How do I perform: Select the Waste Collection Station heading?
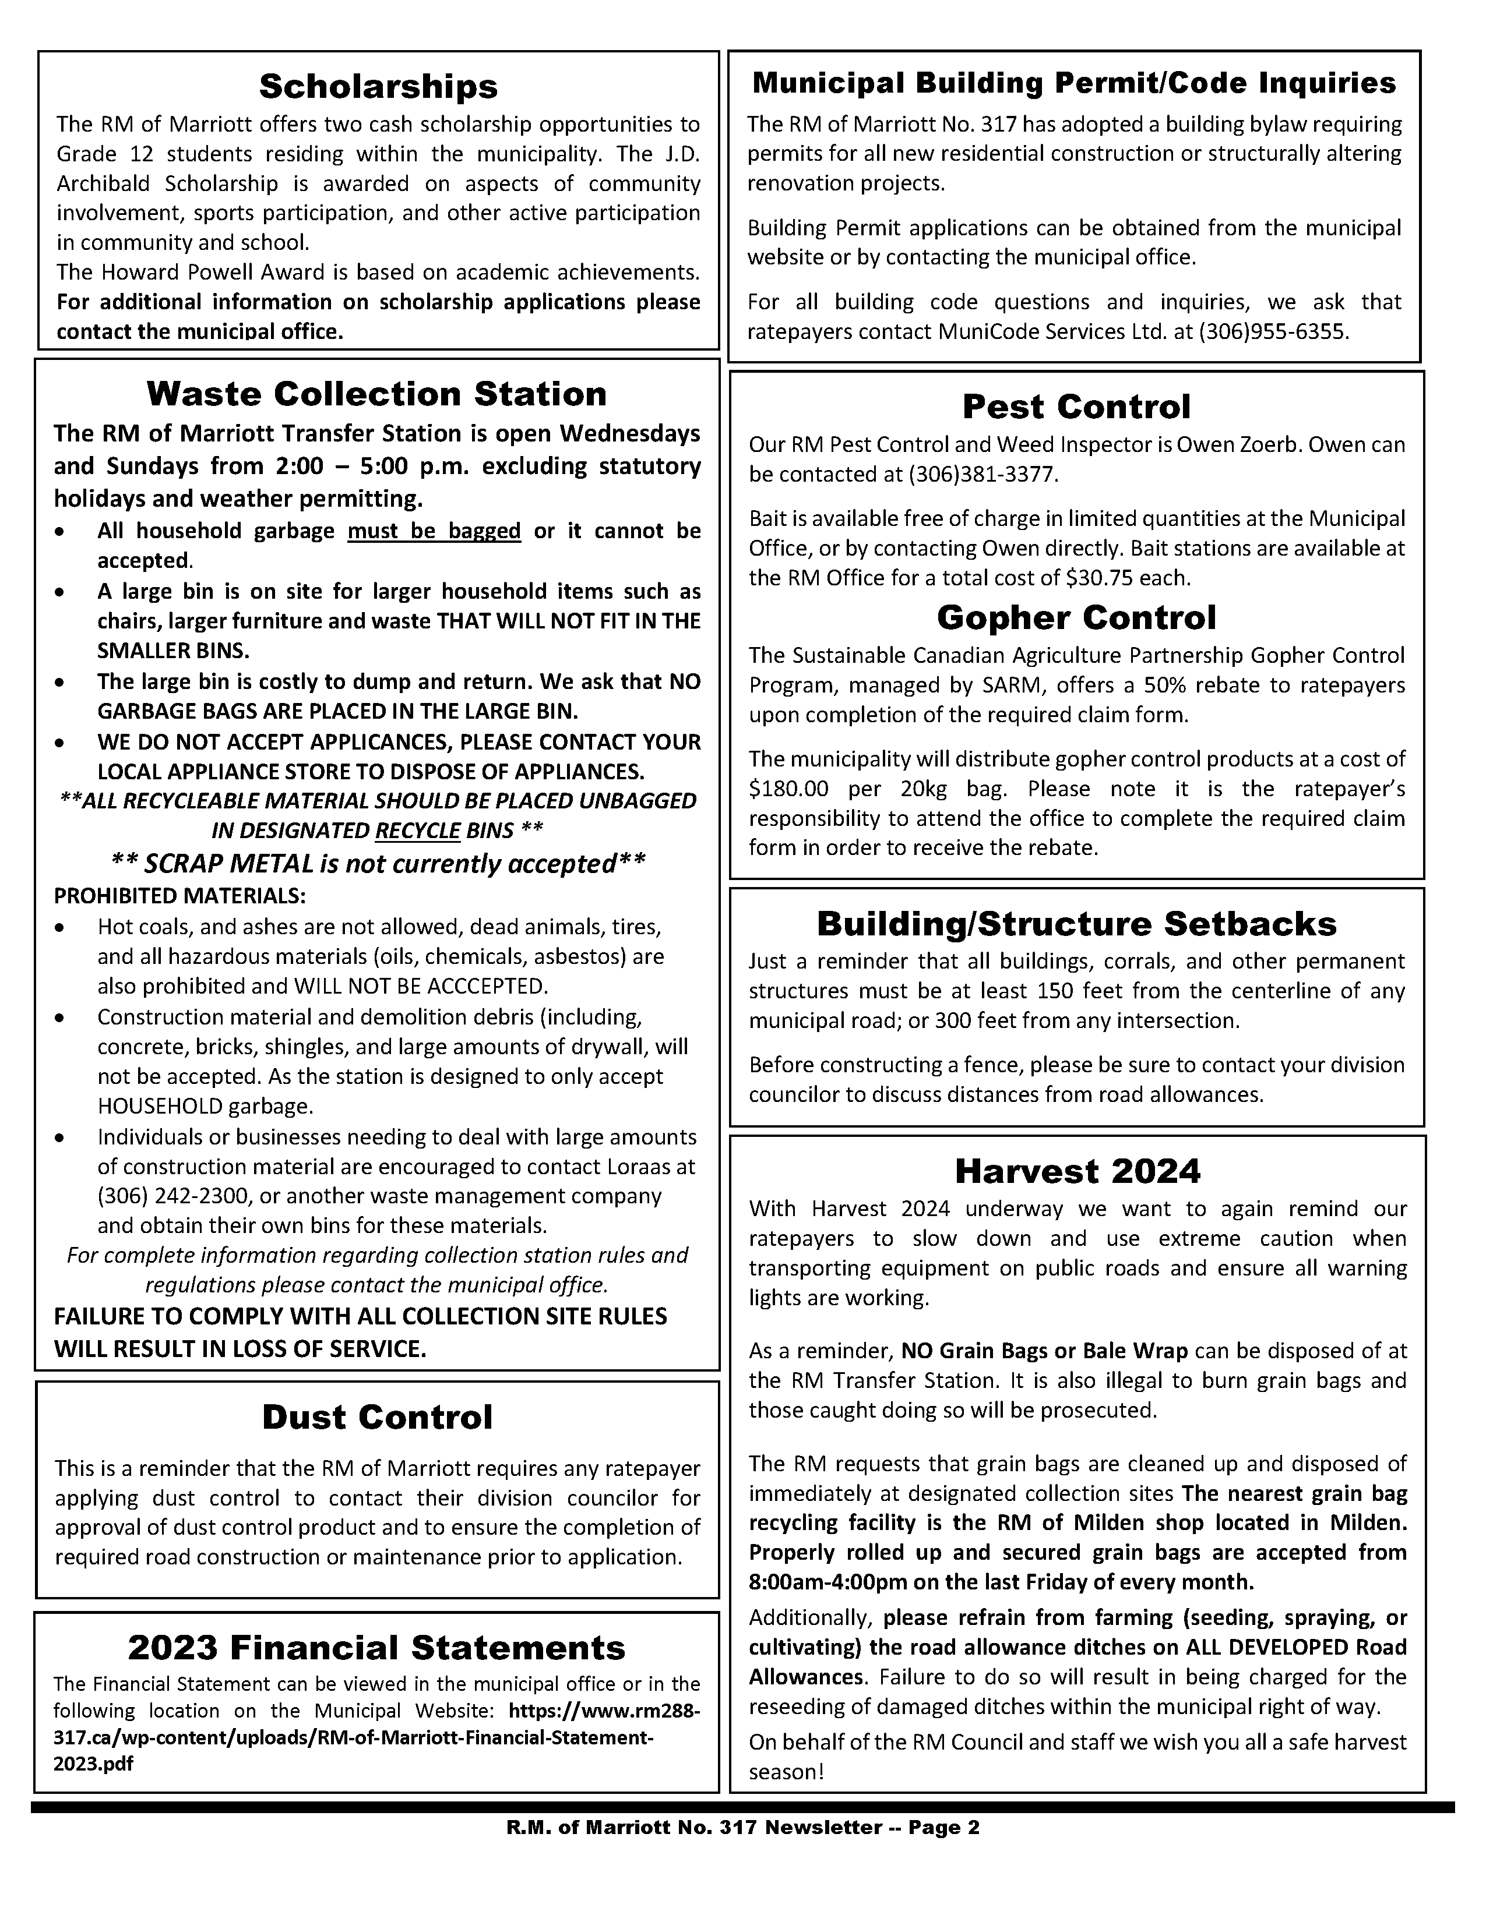tap(377, 393)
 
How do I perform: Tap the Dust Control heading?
tap(377, 1417)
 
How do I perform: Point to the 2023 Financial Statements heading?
tap(377, 1647)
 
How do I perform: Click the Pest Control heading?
tap(1076, 407)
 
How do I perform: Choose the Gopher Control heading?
tap(1076, 618)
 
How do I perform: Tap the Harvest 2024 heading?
tap(1077, 1171)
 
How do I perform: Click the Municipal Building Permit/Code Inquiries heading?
tap(1074, 83)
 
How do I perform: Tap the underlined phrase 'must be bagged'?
tap(434, 531)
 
